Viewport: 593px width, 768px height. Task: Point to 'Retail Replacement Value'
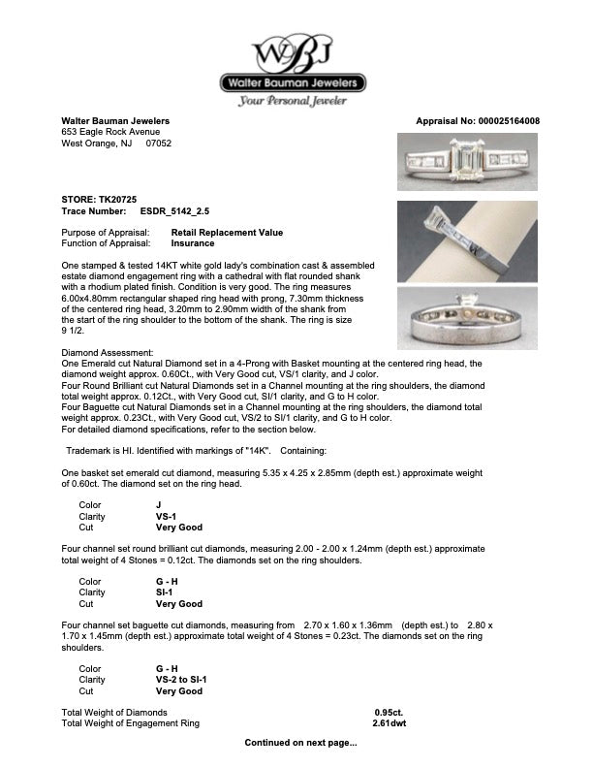[227, 233]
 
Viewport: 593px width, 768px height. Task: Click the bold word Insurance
[193, 243]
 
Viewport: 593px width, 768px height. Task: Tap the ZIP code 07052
[158, 143]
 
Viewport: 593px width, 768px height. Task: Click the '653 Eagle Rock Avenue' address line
[110, 132]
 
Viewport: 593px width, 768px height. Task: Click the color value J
[159, 504]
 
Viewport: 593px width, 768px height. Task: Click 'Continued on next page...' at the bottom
[300, 744]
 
